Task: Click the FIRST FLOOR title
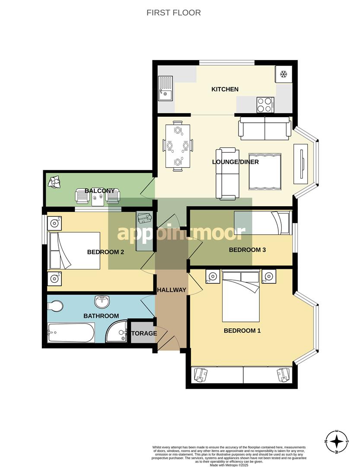[x=174, y=13]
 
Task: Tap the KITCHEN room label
[x=225, y=90]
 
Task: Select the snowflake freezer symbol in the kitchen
[x=284, y=74]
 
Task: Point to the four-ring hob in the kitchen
[x=266, y=105]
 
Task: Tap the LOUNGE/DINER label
[x=236, y=162]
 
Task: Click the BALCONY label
[x=100, y=191]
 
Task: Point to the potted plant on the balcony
[x=54, y=182]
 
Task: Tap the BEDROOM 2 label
[x=106, y=252]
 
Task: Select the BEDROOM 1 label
[x=242, y=331]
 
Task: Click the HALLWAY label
[x=172, y=290]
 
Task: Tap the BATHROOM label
[x=101, y=316]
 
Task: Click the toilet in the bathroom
[x=55, y=306]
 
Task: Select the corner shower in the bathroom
[x=117, y=331]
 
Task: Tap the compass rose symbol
[x=337, y=442]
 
